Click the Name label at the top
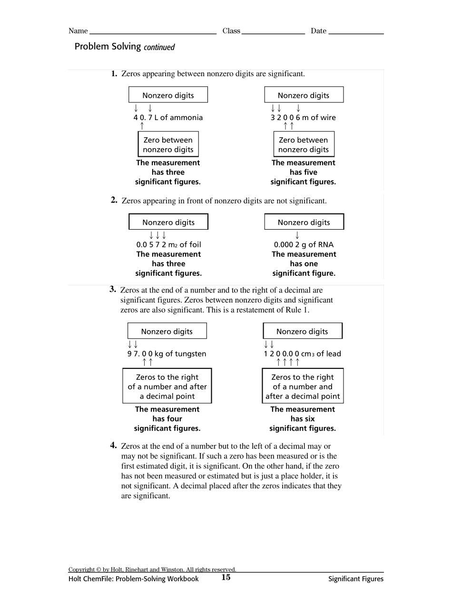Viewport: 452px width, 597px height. pos(78,31)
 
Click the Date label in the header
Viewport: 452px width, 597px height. pos(318,31)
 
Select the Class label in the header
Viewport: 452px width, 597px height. pos(231,31)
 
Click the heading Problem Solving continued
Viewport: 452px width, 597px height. pos(125,47)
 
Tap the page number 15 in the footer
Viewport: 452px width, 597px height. pos(226,577)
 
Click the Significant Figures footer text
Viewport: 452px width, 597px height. pos(355,579)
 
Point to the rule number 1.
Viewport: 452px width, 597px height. pos(114,73)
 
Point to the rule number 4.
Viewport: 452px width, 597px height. pos(114,445)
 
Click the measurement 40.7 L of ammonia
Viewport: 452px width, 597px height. pos(168,118)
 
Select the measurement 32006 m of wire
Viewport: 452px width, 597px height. pos(303,118)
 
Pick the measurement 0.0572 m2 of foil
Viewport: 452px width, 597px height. pos(168,244)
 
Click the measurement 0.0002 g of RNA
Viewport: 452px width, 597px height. pos(304,244)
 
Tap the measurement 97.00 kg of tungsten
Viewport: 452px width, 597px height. pos(167,354)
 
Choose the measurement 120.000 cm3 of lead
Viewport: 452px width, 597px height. pos(303,354)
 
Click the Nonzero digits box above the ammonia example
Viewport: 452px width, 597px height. pos(168,95)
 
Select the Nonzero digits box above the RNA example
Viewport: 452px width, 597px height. pos(304,222)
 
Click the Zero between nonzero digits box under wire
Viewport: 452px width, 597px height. pos(304,144)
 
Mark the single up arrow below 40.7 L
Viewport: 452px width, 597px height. pos(141,126)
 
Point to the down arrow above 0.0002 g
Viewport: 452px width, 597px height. pos(297,235)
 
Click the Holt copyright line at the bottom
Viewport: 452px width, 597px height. pos(152,569)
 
